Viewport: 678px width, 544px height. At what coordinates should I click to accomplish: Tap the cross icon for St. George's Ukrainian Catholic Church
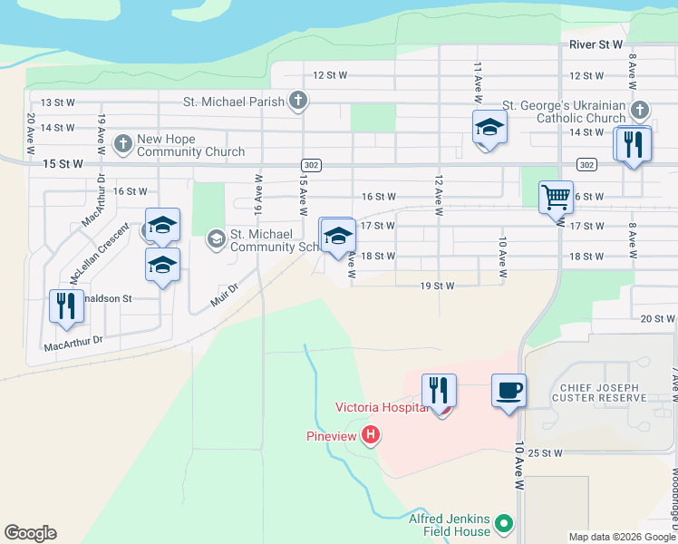(x=639, y=111)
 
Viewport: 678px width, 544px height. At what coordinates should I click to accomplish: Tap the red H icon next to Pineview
(x=370, y=436)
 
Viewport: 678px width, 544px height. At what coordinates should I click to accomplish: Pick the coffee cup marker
(x=508, y=391)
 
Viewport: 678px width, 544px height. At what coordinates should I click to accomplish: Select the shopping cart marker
(x=555, y=196)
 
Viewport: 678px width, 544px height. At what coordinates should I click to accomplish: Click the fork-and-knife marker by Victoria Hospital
(x=439, y=390)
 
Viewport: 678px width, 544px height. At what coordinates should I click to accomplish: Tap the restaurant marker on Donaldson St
(x=66, y=306)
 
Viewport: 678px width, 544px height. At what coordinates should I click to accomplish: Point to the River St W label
(x=596, y=44)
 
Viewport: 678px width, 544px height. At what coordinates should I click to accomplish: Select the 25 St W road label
(x=548, y=452)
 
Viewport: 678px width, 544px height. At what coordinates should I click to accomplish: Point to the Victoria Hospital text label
(x=381, y=407)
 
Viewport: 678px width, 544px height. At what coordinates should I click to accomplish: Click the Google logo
(x=30, y=533)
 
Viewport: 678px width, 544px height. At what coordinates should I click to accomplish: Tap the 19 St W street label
(x=436, y=286)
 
